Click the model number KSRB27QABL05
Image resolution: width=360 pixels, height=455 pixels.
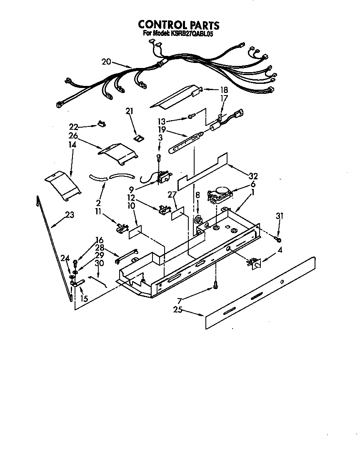pos(192,34)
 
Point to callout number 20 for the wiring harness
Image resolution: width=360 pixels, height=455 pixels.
pos(106,62)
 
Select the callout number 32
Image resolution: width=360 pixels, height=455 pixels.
pos(253,176)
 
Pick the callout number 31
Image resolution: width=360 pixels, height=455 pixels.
pos(279,216)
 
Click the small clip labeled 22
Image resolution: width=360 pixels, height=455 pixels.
pos(101,123)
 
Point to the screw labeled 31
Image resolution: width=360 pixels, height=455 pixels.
pos(278,239)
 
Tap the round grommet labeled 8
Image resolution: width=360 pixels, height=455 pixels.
pos(198,219)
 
